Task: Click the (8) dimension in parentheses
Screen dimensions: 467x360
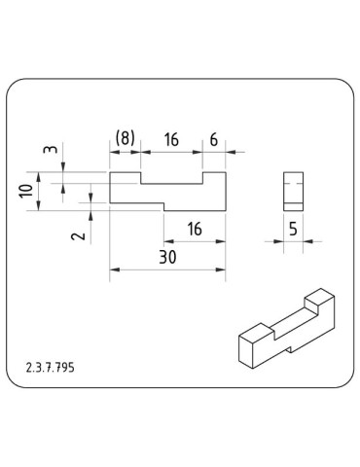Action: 125,139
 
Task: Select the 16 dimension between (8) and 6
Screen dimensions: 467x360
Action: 171,139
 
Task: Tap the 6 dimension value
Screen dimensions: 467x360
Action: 213,139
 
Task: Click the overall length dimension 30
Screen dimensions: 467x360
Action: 167,259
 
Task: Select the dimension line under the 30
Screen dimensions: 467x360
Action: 167,270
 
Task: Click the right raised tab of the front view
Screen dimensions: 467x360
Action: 213,179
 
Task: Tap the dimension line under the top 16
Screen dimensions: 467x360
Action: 171,151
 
